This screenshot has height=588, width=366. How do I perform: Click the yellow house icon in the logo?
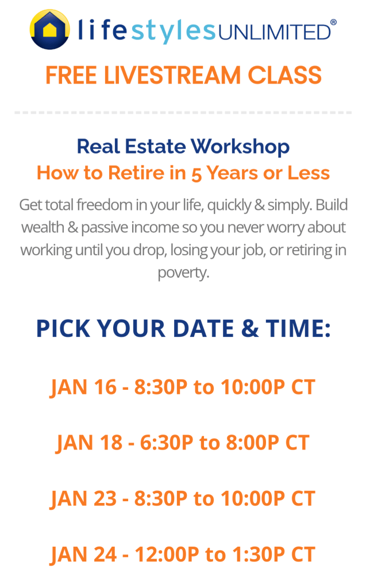click(49, 29)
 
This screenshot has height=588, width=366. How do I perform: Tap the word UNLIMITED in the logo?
click(274, 32)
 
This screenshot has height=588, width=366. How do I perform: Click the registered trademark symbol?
click(333, 22)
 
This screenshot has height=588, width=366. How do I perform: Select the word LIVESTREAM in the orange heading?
click(172, 75)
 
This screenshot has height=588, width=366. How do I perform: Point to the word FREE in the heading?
click(71, 75)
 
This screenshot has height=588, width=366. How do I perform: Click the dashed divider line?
click(183, 112)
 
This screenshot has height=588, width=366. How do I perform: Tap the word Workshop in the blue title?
click(240, 147)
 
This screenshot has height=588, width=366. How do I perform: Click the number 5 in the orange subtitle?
click(197, 174)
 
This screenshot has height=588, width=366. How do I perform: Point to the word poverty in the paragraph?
click(183, 273)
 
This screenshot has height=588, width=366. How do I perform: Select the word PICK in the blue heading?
click(63, 328)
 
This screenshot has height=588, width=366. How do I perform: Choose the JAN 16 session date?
click(83, 387)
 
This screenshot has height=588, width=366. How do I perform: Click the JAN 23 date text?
click(83, 499)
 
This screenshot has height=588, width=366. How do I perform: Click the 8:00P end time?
click(253, 443)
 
